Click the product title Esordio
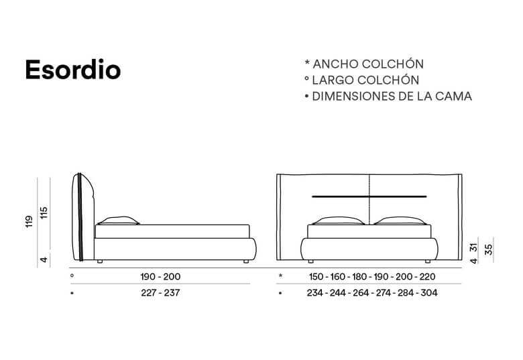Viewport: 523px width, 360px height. pos(72,70)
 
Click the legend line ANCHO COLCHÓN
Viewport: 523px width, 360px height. pos(364,64)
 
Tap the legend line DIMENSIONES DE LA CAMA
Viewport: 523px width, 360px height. pos(388,97)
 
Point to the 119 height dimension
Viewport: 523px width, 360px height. pos(29,221)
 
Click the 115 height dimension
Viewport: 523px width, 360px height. pos(44,213)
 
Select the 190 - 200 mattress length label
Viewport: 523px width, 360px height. pos(161,276)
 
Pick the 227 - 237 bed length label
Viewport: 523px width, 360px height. pos(161,293)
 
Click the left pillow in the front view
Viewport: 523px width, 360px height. pos(339,222)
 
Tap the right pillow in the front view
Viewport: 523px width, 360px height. pos(400,222)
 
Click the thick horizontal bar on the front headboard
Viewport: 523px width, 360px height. pos(369,196)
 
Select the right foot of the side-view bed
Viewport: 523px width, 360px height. pos(247,259)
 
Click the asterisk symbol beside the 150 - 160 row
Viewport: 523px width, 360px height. pos(281,276)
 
